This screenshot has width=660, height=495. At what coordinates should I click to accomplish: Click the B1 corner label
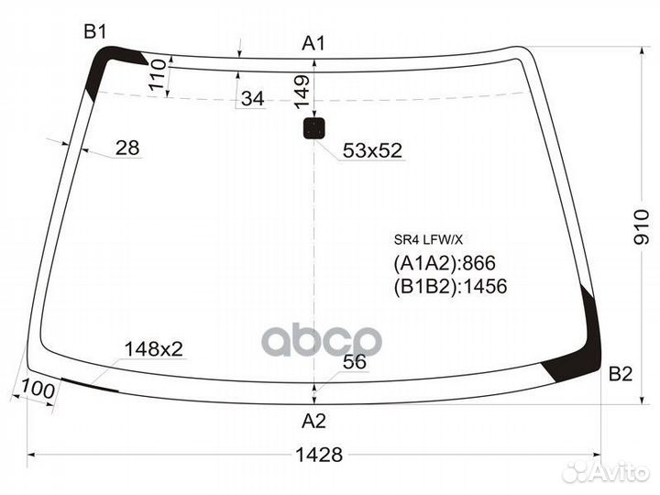[x=95, y=32]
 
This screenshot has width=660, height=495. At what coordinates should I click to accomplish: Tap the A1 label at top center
[x=314, y=43]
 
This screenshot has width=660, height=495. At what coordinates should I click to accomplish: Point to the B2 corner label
[x=621, y=374]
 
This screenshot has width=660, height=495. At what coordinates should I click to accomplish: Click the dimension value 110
[x=157, y=73]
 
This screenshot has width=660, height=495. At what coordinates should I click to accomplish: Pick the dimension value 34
[x=251, y=99]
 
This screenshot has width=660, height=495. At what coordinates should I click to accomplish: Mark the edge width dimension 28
[x=129, y=148]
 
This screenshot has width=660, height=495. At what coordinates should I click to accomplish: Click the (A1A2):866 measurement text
[x=438, y=264]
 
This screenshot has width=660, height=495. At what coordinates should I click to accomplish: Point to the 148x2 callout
[x=153, y=348]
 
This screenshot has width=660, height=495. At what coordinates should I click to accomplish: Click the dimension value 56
[x=354, y=362]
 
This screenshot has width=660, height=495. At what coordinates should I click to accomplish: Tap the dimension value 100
[x=36, y=390]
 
